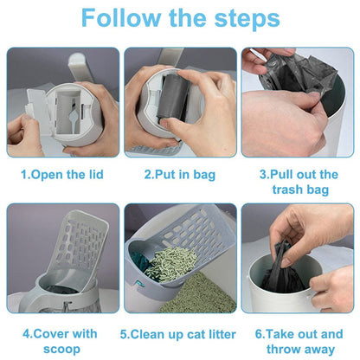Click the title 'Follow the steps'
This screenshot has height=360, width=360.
coord(180,19)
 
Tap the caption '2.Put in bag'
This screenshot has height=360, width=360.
coord(180,174)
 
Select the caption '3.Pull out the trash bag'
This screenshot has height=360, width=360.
coord(299,181)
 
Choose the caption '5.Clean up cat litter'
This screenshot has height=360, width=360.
coord(180,333)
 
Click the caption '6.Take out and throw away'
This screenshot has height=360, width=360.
coord(299,340)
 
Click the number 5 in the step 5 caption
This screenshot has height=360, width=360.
coord(124,333)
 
